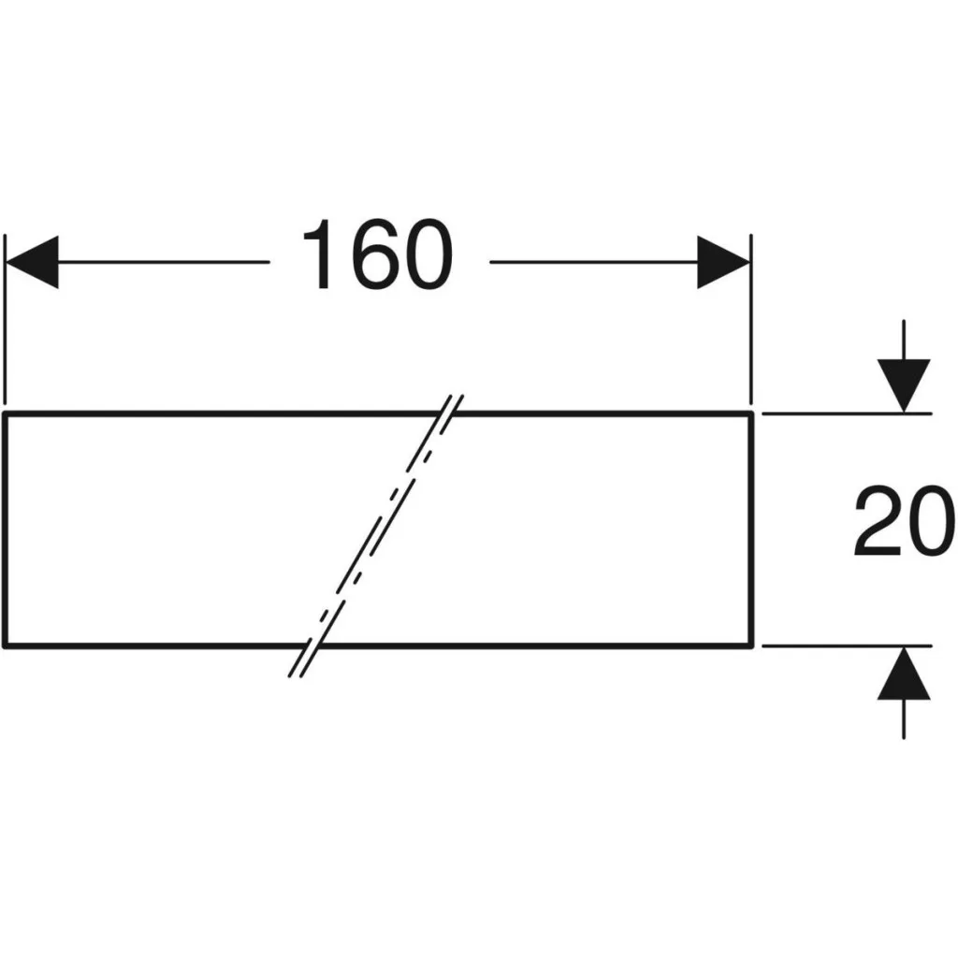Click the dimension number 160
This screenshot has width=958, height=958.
[378, 254]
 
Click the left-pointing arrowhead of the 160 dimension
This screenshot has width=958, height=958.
[32, 262]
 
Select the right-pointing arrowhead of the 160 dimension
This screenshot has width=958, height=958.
[724, 262]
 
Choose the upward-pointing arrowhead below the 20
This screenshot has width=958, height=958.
[904, 674]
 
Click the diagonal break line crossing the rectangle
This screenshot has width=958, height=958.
[376, 536]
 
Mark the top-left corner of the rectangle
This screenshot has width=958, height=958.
[5, 414]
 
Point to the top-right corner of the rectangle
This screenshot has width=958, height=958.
[751, 414]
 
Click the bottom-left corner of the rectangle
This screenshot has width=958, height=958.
[5, 646]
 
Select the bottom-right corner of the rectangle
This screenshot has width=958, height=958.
[751, 646]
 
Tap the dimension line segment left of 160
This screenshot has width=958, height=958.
[164, 262]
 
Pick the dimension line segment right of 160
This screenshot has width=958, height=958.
[594, 262]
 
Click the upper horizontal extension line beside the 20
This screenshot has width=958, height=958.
[847, 414]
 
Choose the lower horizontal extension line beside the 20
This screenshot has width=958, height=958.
[847, 646]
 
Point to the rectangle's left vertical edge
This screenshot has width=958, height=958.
[5, 530]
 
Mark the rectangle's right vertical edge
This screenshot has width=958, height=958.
[751, 530]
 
